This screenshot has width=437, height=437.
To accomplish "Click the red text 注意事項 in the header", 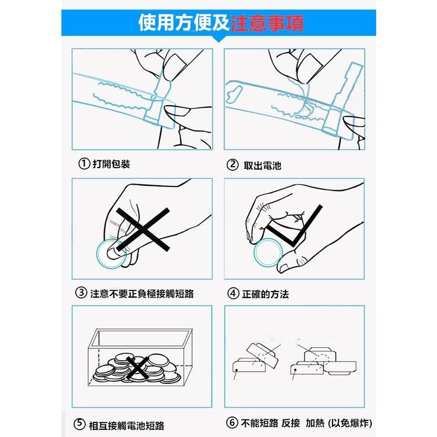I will pos(266,23).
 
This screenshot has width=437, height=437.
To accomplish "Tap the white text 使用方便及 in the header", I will pos(183,23).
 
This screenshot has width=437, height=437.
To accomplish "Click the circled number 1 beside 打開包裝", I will pos(84,164).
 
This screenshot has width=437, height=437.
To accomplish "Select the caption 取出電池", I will pos(262,165).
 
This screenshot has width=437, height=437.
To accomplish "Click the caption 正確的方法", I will pos(266,294).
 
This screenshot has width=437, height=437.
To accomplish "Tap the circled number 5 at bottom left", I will pos(80,425).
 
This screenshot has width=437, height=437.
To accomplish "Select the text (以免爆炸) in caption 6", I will pos(348,424).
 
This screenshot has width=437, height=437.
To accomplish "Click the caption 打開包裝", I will pos(111,164).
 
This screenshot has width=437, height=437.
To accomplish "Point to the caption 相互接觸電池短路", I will pos(127,425).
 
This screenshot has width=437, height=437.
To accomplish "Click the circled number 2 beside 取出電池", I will pos(232,165).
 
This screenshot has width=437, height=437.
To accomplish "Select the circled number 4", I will pos(232,294).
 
